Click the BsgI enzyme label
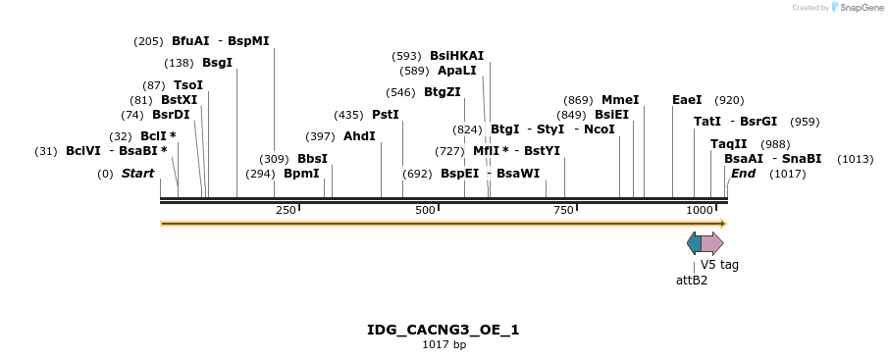217,63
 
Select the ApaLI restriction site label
457,71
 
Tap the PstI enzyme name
386,115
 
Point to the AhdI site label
359,136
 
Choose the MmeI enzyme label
620,100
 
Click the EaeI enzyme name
687,100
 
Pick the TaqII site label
728,144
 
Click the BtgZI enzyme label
442,92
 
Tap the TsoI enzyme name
188,85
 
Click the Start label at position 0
137,174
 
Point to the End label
743,174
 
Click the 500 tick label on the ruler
425,211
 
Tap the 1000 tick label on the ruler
699,211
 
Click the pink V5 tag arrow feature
712,243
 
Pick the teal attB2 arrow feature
694,243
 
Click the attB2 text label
692,281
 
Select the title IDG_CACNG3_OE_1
444,330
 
